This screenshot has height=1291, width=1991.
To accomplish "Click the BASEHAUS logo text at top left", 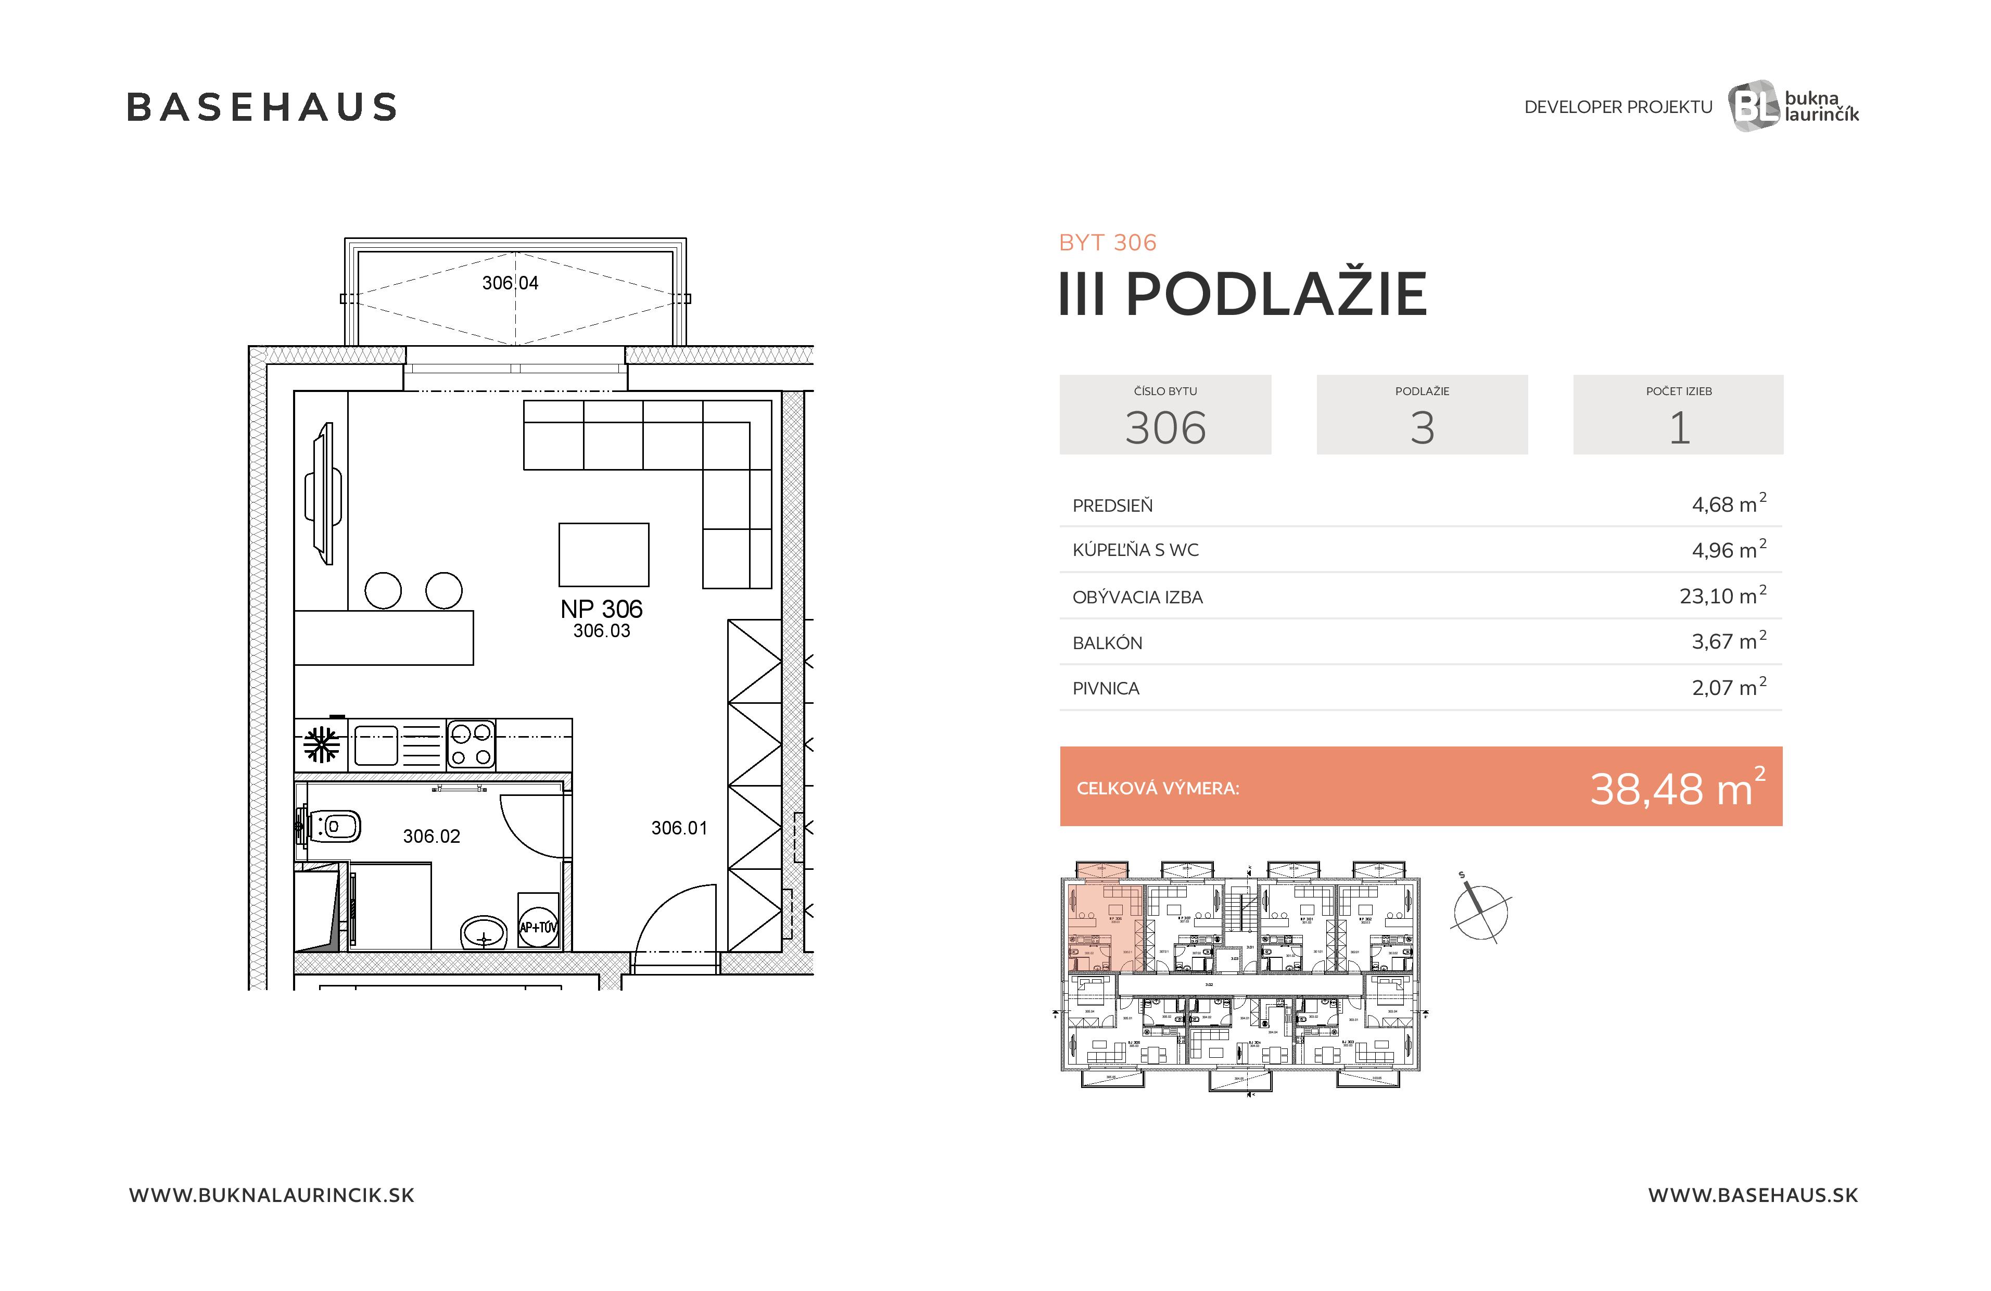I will [x=261, y=107].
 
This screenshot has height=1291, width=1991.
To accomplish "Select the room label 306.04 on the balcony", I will [x=510, y=283].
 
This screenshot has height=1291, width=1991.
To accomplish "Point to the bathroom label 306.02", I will [x=431, y=836].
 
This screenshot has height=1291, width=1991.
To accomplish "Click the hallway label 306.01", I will [x=678, y=828].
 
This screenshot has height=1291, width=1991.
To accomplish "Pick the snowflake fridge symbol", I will [x=321, y=744].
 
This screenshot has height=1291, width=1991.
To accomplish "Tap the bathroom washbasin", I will [x=484, y=932].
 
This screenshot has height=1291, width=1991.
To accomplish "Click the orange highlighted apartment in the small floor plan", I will [x=1104, y=920].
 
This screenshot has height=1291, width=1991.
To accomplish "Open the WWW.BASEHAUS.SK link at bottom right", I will [x=1753, y=1195].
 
